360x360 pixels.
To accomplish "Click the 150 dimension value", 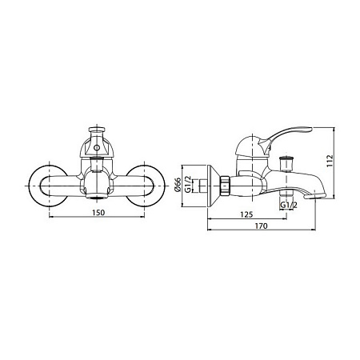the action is (98, 213).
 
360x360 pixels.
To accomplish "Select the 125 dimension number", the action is (246, 214).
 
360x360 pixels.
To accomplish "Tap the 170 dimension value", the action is (261, 226).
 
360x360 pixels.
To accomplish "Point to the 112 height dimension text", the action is (330, 161).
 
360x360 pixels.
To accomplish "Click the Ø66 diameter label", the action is (178, 184).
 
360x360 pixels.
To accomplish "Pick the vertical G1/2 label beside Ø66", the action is (188, 184).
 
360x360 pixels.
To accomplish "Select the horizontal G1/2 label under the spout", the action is (289, 205).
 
